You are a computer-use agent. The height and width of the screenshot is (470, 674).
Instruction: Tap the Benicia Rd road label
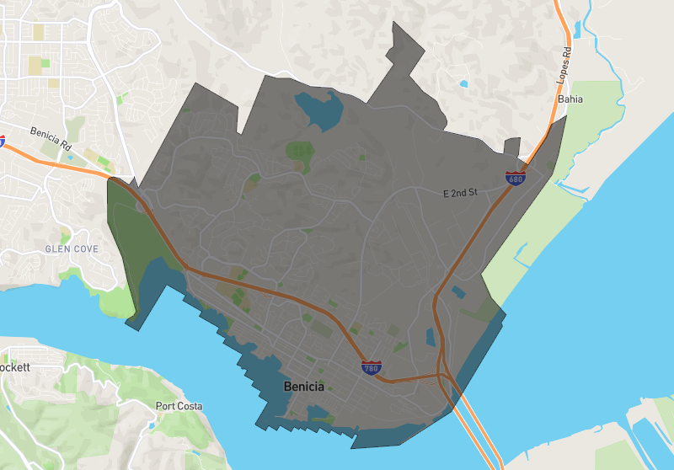[x=51, y=138]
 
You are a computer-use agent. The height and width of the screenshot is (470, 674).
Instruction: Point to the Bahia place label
[x=570, y=99]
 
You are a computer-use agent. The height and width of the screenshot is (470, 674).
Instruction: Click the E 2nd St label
[x=460, y=193]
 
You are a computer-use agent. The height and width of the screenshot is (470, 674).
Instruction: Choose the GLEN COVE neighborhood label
[x=72, y=249]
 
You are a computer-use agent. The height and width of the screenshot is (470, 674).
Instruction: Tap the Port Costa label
[x=179, y=406]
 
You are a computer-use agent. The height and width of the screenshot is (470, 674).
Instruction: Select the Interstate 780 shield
[x=371, y=367]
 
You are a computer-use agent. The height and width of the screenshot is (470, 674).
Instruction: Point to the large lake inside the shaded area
[x=320, y=108]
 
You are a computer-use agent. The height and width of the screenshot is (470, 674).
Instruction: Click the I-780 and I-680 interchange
[x=441, y=374]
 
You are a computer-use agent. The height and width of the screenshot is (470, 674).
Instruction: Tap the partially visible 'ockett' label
[x=14, y=368]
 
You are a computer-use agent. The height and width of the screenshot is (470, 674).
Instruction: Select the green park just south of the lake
[x=299, y=152]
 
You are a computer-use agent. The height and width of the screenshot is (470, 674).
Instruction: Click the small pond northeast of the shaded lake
[x=463, y=83]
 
